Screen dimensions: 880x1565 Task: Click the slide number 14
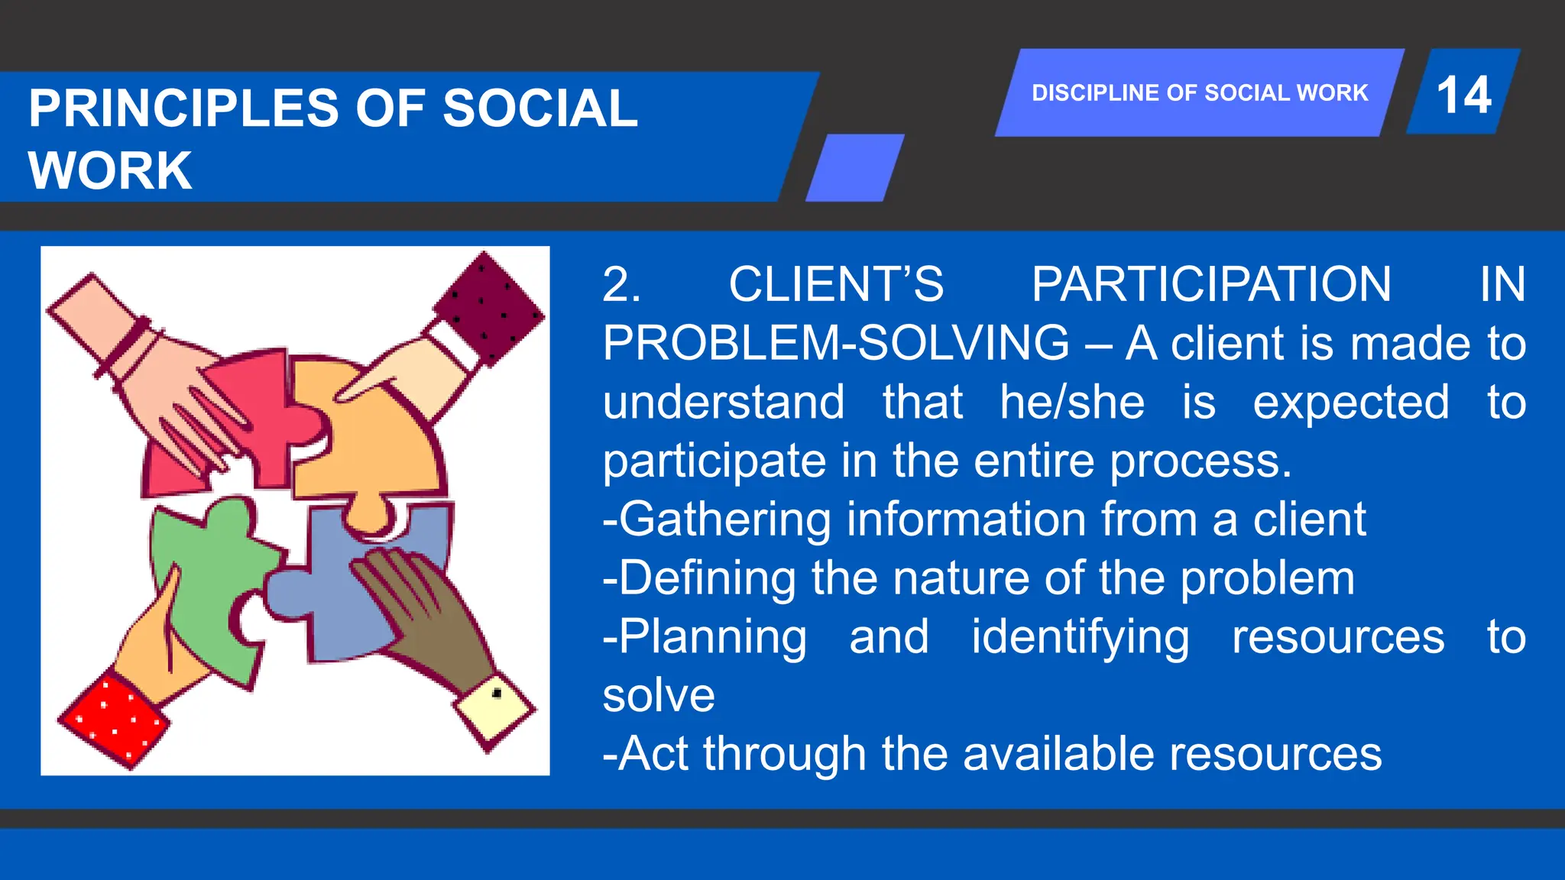[1463, 95]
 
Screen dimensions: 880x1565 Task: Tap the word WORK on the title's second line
[110, 170]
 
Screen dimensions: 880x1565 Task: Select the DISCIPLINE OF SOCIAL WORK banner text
[1199, 93]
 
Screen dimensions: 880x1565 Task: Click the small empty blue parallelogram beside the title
[855, 167]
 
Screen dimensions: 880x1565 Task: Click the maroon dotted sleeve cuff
[489, 306]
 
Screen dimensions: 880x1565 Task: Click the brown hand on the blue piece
[428, 611]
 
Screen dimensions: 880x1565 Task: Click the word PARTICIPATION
[1211, 284]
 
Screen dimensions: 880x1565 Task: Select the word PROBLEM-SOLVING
[836, 343]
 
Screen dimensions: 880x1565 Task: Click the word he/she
[1071, 402]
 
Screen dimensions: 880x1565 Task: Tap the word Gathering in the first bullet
[724, 519]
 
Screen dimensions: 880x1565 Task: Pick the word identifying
[1080, 637]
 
